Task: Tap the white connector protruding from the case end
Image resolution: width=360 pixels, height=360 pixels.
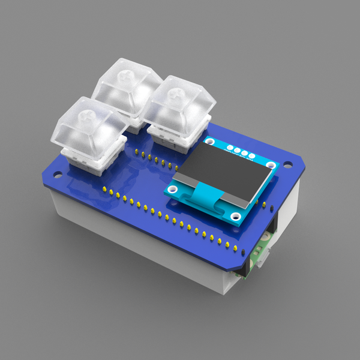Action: click(x=265, y=257)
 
